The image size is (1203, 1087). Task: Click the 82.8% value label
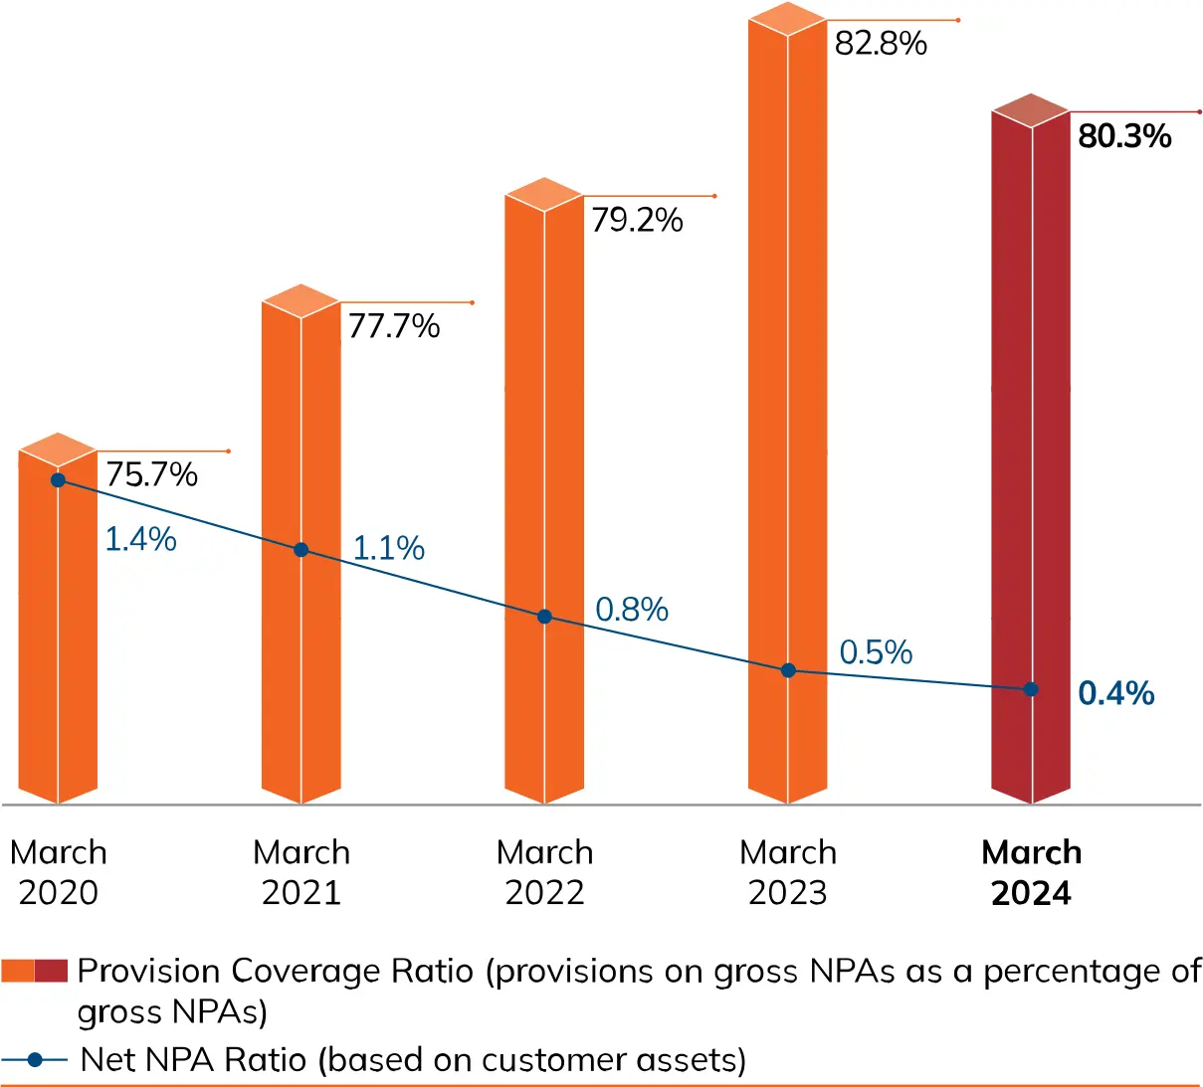coord(881,44)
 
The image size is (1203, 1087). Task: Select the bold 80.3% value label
coord(1124,136)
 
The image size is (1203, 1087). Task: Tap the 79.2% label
coord(637,220)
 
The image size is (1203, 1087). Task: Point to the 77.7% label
coord(394,326)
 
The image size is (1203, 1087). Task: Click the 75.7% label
coord(151,474)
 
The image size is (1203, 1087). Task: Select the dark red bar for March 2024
coord(1031,448)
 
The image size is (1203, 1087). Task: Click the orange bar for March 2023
coord(787,398)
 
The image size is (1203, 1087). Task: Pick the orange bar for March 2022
coord(544,448)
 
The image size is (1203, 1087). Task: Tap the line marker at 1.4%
coord(58,480)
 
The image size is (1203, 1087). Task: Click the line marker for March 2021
coord(301,550)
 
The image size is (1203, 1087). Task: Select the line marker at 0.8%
coord(544,617)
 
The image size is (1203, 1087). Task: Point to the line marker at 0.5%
coord(788,670)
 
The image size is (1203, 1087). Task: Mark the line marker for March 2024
coord(1031,689)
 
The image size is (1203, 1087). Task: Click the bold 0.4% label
coord(1115,693)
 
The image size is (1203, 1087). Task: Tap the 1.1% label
coord(389,548)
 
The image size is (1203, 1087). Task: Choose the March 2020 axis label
coord(58,872)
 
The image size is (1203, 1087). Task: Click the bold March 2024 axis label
coord(1031,872)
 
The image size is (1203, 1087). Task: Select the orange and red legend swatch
coord(34,971)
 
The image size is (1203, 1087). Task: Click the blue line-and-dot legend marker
coord(35,1060)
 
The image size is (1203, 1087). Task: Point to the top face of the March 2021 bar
coord(301,300)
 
